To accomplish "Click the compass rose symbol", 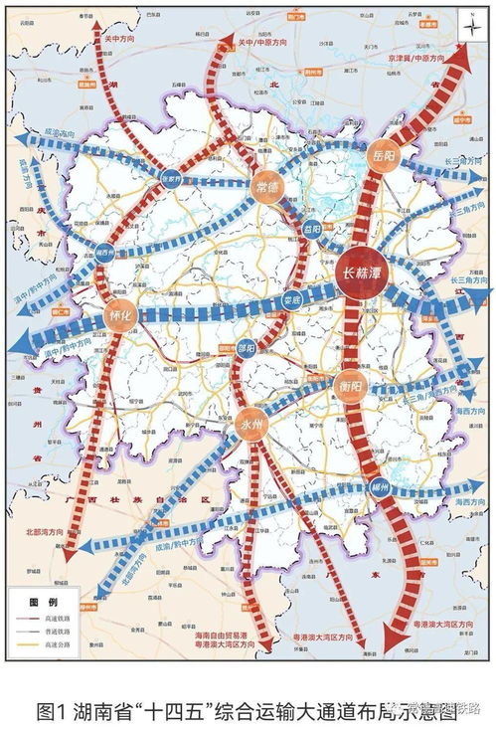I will [468, 27].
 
